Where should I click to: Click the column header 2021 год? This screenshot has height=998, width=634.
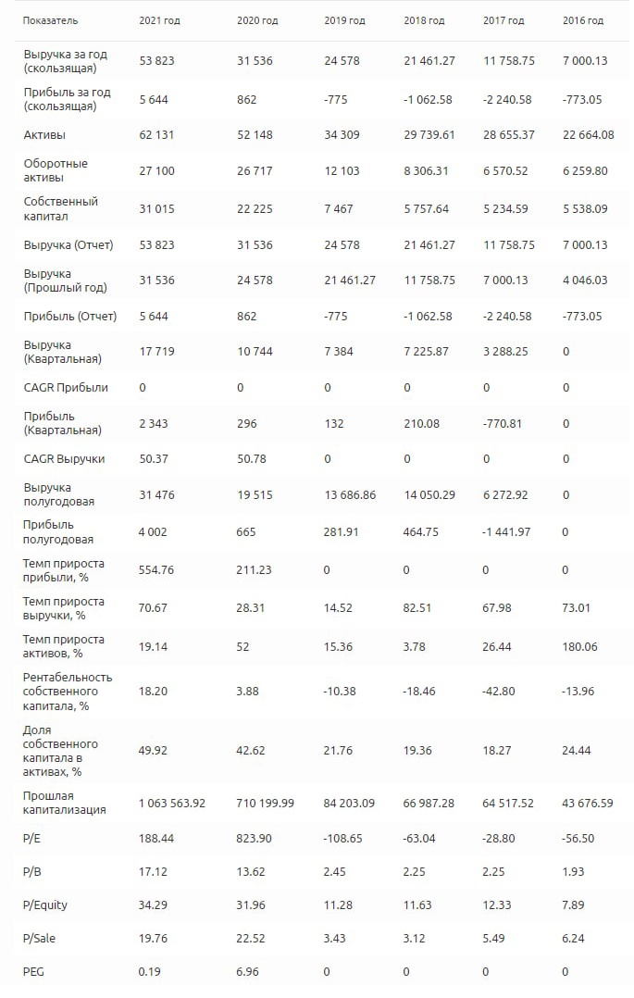pos(159,20)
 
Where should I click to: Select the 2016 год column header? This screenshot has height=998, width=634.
pos(583,20)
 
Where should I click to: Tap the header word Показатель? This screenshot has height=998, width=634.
pos(51,20)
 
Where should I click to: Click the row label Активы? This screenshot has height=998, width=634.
pos(44,135)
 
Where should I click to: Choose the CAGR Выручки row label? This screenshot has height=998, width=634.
pos(64,458)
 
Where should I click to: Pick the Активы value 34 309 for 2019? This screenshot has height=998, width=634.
pos(343,135)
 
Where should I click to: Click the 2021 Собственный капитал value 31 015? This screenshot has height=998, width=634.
pos(156,209)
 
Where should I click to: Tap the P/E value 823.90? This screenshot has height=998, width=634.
pos(255,837)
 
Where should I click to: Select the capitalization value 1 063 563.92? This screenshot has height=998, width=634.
pos(172,803)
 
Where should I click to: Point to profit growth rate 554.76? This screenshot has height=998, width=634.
pos(156,570)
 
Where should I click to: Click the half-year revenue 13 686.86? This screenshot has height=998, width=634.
pos(350,495)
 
